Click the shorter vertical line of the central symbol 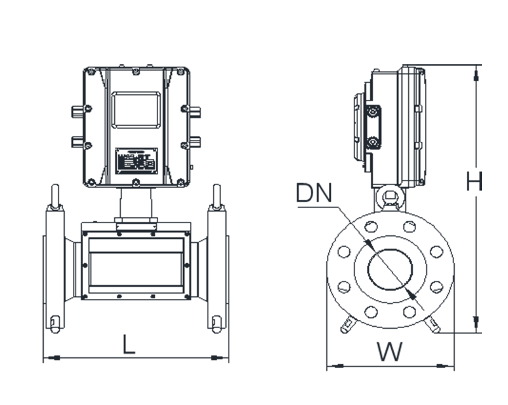[x=323, y=168]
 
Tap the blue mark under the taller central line [x=309, y=188]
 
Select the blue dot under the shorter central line [x=325, y=188]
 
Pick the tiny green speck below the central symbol [x=312, y=201]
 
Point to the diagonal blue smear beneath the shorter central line [x=323, y=194]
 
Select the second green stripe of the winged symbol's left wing [x=371, y=350]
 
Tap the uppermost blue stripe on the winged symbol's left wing [x=374, y=354]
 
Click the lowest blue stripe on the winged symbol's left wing [x=380, y=362]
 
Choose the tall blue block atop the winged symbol [x=394, y=340]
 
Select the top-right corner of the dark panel [x=481, y=65]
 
